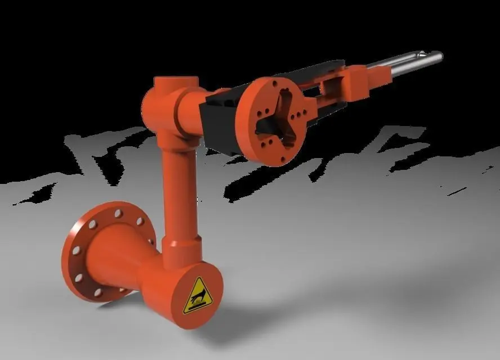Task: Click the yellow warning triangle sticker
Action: pos(197,296)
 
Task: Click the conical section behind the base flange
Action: pos(121,256)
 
